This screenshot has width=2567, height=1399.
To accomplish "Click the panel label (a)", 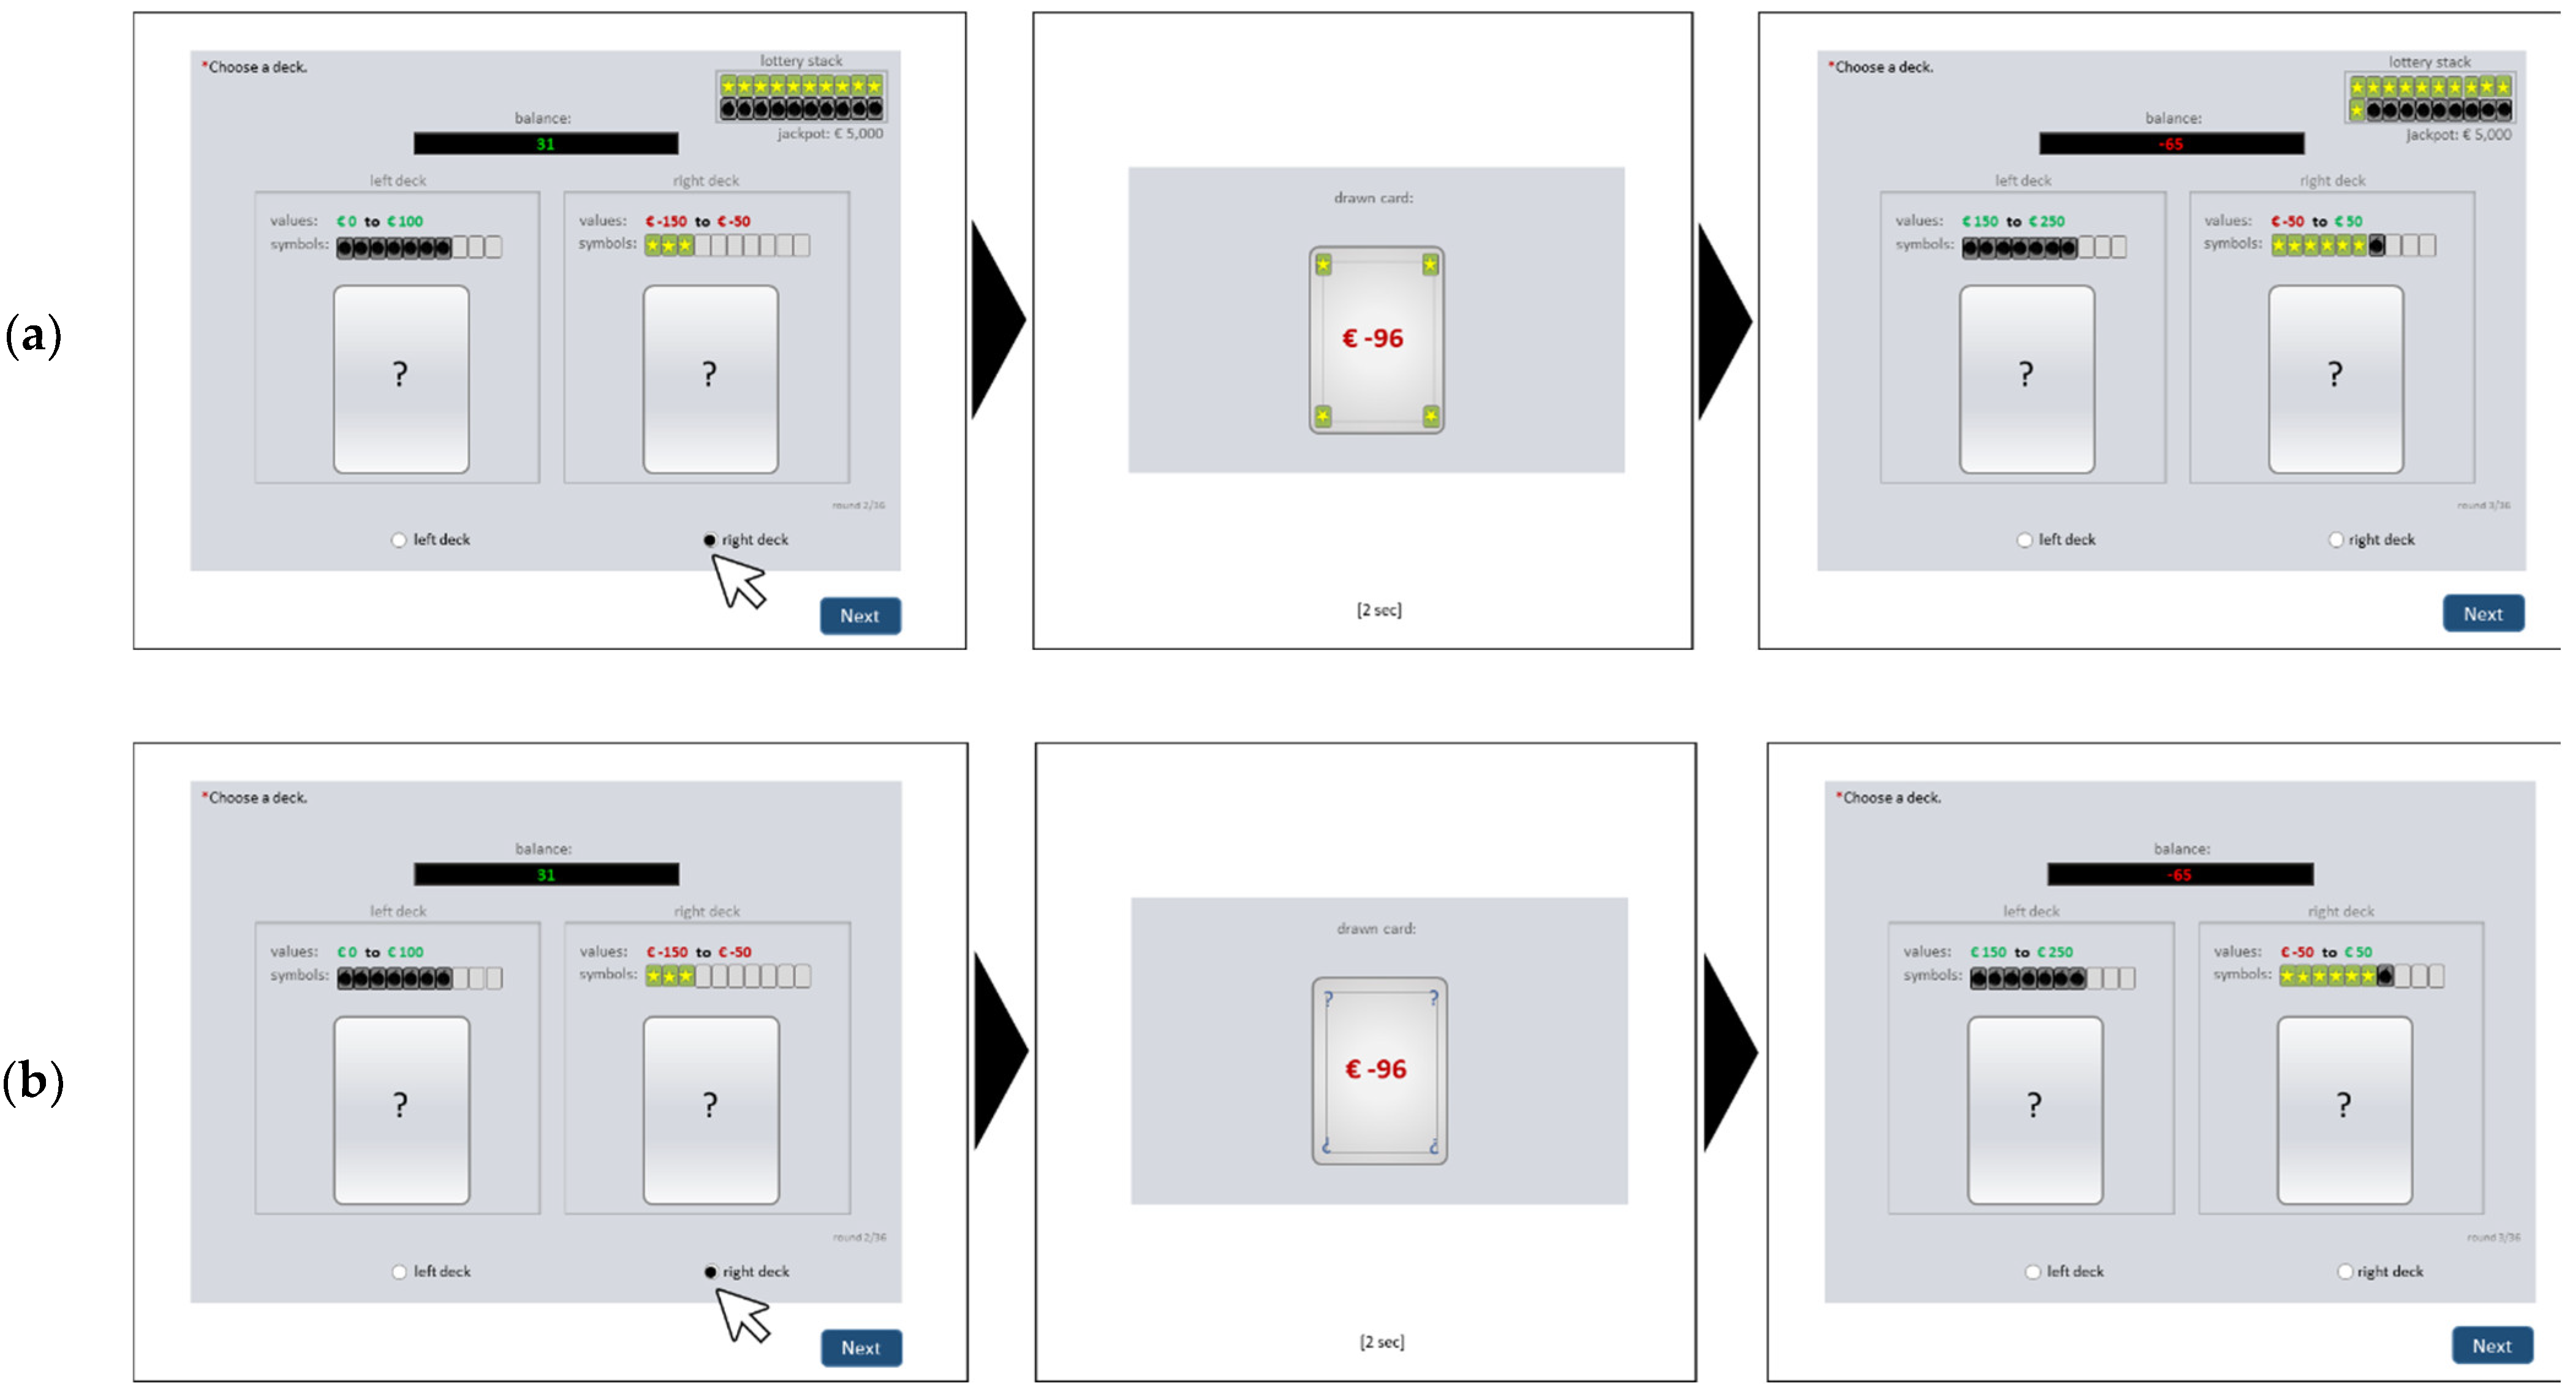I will click(x=33, y=336).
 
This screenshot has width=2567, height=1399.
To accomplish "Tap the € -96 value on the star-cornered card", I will click(x=1372, y=339).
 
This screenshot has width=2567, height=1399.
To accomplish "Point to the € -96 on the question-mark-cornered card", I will click(x=1375, y=1069).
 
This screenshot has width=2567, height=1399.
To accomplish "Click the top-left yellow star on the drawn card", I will click(x=1323, y=264).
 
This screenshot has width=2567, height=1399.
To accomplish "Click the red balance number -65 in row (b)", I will click(x=2179, y=875).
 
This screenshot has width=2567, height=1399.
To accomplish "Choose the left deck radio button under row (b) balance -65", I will click(x=2033, y=1272).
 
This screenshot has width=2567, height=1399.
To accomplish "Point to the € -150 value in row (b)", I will click(x=667, y=952).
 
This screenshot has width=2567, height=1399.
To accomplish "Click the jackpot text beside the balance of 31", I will click(x=830, y=134).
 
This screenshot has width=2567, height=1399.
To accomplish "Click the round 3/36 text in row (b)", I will click(x=2493, y=1237).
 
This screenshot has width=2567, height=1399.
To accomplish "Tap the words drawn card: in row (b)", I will click(x=1376, y=928).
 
